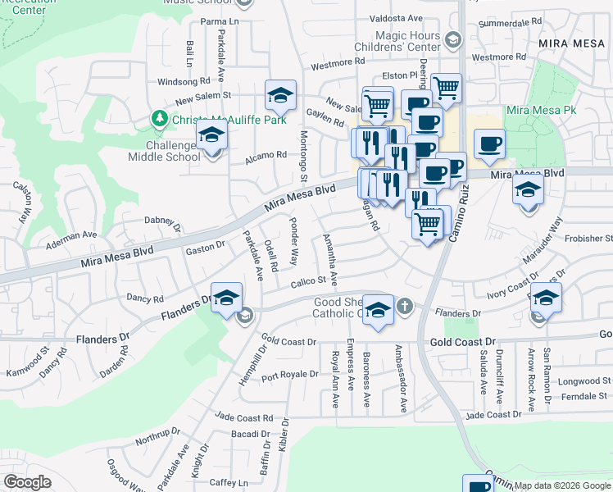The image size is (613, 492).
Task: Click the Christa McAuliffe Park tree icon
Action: point(160,120)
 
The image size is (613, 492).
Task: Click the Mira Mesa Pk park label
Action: point(542,110)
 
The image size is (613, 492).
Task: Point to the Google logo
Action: point(27,482)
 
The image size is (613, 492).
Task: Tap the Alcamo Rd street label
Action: point(270,155)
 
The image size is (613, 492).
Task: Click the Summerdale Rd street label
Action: point(511,23)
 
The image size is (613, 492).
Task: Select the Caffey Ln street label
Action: point(228,483)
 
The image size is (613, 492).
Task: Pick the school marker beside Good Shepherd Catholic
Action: point(377,311)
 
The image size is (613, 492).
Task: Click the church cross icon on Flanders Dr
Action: point(403,307)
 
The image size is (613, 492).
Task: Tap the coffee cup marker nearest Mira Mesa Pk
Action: point(489,144)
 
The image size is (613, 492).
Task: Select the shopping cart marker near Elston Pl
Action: point(445,87)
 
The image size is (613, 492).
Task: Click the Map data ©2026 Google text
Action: point(562,485)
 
